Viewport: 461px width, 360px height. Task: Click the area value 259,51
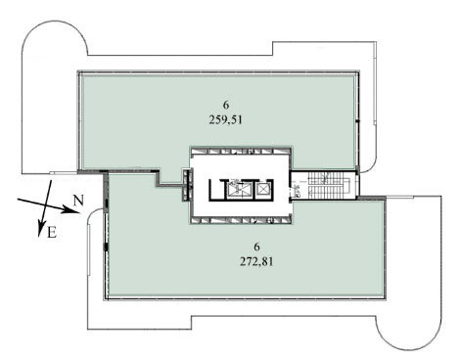click(226, 120)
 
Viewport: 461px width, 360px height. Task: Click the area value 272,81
click(256, 262)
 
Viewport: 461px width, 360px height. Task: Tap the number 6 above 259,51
click(226, 105)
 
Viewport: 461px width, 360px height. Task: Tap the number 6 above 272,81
click(256, 247)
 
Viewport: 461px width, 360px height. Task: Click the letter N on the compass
click(78, 200)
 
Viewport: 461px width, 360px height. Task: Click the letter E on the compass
click(52, 233)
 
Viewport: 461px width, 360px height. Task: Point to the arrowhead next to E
click(41, 228)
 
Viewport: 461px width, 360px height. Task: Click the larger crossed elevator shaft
click(237, 189)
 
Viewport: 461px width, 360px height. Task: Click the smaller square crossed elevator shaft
click(262, 189)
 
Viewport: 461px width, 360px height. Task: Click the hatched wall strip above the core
click(241, 151)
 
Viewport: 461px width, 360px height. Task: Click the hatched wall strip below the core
click(241, 220)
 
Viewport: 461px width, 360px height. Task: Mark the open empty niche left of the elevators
click(217, 190)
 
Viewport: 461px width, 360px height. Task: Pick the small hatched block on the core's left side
click(186, 185)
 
